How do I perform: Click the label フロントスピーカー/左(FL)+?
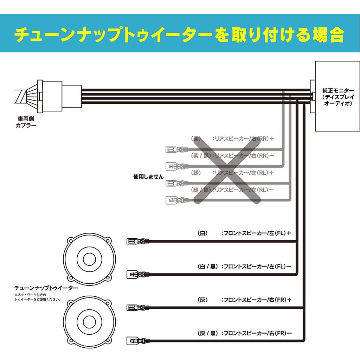point(256,233)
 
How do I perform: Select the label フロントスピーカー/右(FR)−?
point(256,333)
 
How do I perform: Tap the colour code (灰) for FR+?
point(203,300)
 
